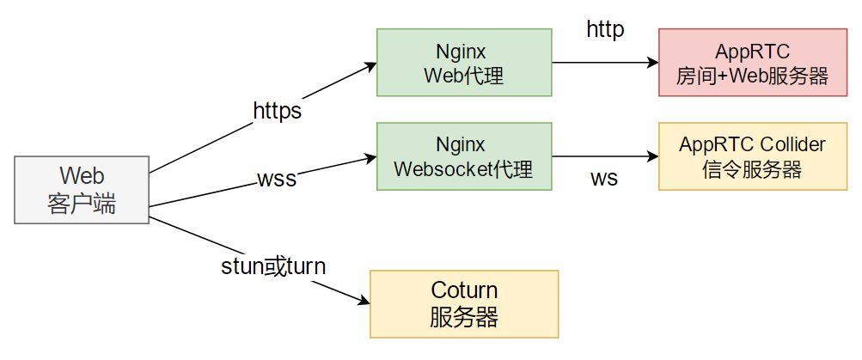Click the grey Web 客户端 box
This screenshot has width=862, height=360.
[82, 191]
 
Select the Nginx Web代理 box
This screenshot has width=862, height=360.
[464, 62]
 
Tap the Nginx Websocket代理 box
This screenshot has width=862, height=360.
[464, 156]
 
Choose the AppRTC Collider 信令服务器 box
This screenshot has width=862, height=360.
[752, 156]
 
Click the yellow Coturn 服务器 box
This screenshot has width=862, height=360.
[464, 303]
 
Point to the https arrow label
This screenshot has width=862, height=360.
[278, 111]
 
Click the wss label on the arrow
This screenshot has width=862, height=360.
[277, 180]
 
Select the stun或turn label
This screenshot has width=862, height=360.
[274, 266]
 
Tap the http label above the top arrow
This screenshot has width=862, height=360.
[606, 30]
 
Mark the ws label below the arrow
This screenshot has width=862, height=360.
[604, 180]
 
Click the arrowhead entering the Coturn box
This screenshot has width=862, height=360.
[364, 301]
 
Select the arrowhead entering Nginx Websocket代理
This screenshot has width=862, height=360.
[370, 157]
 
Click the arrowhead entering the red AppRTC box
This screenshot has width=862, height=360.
[652, 63]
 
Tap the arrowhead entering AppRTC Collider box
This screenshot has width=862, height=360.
[652, 156]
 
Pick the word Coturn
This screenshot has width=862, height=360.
[464, 290]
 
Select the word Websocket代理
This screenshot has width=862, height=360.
[463, 169]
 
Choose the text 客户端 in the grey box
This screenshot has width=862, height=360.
[82, 204]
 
